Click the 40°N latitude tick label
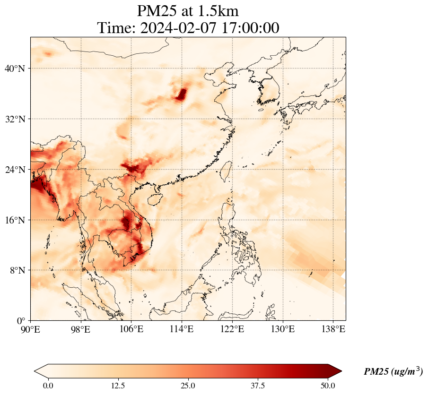click(17, 69)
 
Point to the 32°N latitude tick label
click(17, 119)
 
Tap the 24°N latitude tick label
click(17, 170)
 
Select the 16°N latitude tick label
click(17, 220)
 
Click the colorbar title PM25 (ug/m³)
click(393, 372)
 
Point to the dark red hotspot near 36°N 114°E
click(181, 94)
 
